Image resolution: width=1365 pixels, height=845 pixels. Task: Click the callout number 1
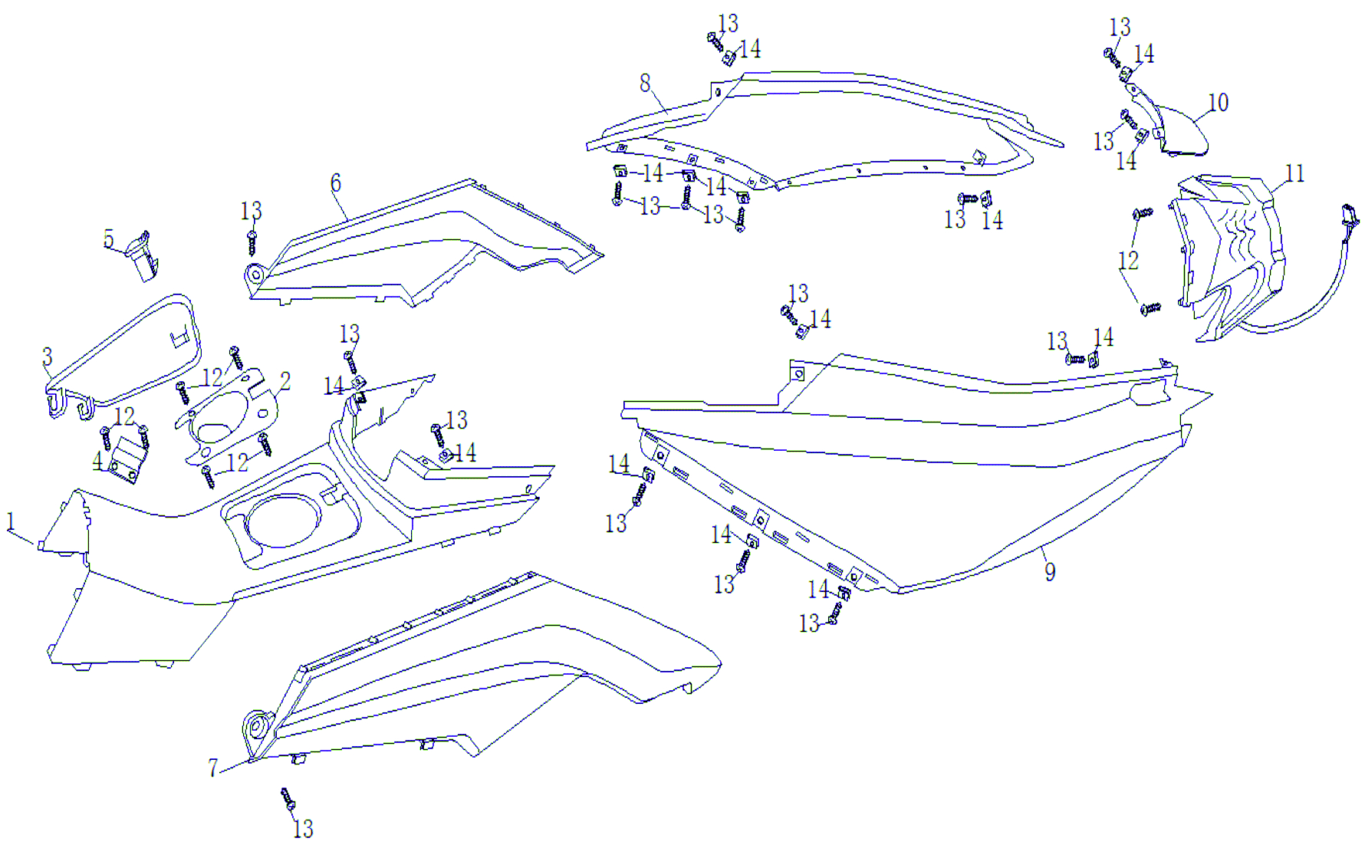(11, 521)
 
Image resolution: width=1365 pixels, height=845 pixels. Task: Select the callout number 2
(285, 381)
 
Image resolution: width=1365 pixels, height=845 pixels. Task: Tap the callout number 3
(47, 357)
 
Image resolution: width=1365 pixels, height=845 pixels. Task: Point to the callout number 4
(97, 461)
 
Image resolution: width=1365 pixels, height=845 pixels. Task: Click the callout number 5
(109, 239)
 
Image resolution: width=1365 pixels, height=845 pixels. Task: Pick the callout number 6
(335, 183)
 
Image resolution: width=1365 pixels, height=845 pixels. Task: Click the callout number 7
(212, 768)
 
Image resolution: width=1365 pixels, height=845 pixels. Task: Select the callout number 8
(645, 83)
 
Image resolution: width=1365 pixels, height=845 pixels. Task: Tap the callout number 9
(1050, 571)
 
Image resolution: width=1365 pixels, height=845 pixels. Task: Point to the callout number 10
(1218, 103)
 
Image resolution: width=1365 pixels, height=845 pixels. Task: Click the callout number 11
(1294, 174)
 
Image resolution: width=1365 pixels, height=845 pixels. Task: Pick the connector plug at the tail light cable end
(1350, 218)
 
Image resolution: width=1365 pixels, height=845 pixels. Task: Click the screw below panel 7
(288, 799)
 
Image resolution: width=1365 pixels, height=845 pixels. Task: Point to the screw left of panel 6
(252, 241)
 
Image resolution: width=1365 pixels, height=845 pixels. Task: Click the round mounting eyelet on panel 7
(258, 725)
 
